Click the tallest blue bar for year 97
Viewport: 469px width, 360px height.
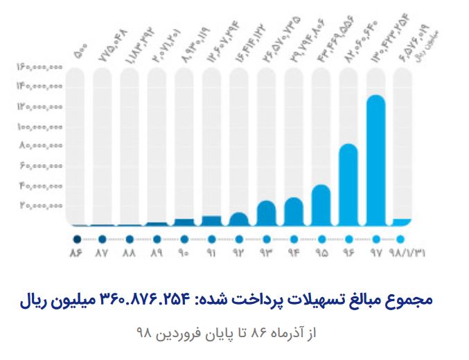(x=375, y=159)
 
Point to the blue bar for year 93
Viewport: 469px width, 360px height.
(x=266, y=213)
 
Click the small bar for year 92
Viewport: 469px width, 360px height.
(x=239, y=219)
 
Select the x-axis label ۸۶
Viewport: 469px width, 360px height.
(x=76, y=253)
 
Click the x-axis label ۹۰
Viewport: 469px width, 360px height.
(x=184, y=253)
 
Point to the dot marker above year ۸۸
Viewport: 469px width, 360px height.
(x=130, y=239)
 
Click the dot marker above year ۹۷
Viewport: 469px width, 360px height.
(x=375, y=239)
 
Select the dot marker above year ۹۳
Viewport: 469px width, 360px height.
(x=266, y=239)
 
